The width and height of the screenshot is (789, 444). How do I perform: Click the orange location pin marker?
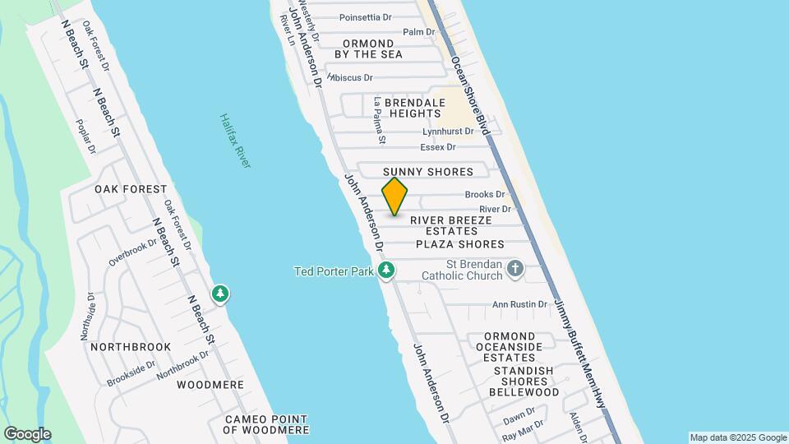pyautogui.click(x=394, y=196)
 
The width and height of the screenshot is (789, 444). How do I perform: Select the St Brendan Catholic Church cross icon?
pyautogui.click(x=515, y=268)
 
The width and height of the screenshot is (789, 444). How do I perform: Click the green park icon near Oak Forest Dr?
pyautogui.click(x=219, y=294)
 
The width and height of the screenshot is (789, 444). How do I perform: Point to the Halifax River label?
pyautogui.click(x=234, y=141)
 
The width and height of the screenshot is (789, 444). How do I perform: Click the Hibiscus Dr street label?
pyautogui.click(x=351, y=77)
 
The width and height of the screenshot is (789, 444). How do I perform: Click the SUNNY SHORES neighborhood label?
pyautogui.click(x=428, y=172)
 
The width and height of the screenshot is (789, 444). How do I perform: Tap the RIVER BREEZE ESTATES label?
pyautogui.click(x=450, y=225)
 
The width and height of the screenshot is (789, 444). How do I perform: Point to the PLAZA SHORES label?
pyautogui.click(x=459, y=244)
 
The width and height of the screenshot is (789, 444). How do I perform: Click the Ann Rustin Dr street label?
pyautogui.click(x=519, y=304)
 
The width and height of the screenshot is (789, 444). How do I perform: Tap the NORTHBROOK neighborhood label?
pyautogui.click(x=131, y=347)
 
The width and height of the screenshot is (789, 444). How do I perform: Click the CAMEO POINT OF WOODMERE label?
pyautogui.click(x=267, y=424)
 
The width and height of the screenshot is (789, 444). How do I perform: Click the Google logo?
pyautogui.click(x=27, y=434)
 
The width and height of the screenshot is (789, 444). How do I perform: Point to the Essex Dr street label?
pyautogui.click(x=437, y=147)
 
